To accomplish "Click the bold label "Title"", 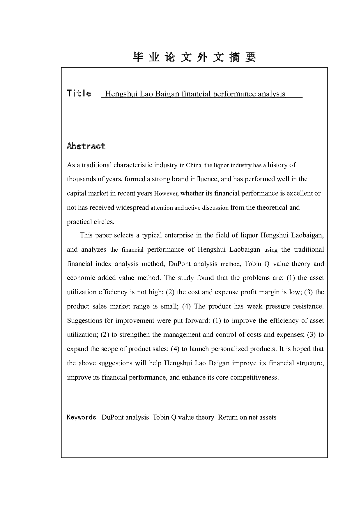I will (x=79, y=94).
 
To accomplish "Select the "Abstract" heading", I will (x=86, y=146).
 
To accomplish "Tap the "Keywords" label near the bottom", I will (x=82, y=417).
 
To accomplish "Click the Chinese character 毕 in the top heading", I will (x=138, y=57).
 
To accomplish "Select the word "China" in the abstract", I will (x=193, y=165).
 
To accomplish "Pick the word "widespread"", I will (x=132, y=207).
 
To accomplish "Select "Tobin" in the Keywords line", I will (x=161, y=417).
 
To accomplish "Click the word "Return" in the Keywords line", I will (x=228, y=417).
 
